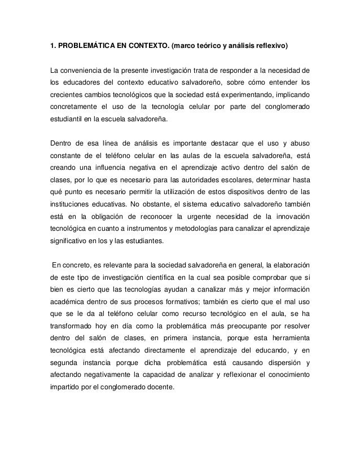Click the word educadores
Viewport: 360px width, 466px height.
(82, 84)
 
